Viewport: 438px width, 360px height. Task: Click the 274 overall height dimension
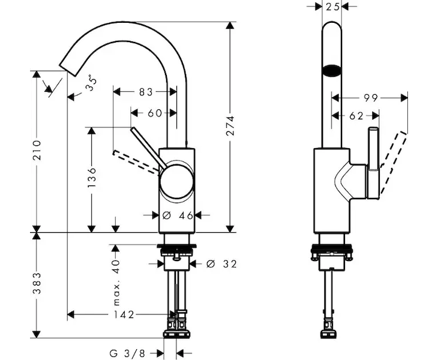click(x=230, y=125)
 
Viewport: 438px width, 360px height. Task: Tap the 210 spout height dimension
click(x=37, y=150)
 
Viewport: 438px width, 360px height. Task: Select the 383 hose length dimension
click(x=37, y=283)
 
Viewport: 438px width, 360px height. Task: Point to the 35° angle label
click(x=92, y=83)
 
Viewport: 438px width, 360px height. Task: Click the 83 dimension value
click(x=146, y=92)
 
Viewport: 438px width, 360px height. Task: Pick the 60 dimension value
click(x=155, y=113)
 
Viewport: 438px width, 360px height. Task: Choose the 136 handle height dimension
click(x=91, y=178)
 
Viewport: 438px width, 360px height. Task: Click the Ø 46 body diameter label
click(x=178, y=215)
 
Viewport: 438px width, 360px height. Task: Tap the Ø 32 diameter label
click(x=221, y=263)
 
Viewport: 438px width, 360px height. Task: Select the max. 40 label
click(x=116, y=283)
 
